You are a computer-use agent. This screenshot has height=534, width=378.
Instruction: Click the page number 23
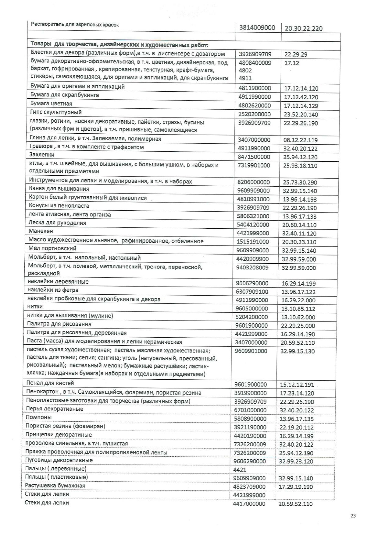pyautogui.click(x=353, y=515)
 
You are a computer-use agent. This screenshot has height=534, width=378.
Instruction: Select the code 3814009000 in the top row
pyautogui.click(x=257, y=28)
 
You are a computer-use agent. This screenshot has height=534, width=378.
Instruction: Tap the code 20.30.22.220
pyautogui.click(x=303, y=29)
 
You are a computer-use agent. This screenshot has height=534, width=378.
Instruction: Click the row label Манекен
pyautogui.click(x=41, y=231)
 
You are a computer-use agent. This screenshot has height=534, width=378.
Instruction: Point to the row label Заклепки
pyautogui.click(x=42, y=155)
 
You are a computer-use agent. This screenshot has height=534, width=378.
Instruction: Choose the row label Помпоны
pyautogui.click(x=39, y=417)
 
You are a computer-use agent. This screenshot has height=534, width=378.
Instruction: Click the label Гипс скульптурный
pyautogui.click(x=56, y=112)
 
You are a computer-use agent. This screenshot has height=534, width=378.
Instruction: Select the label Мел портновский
pyautogui.click(x=52, y=248)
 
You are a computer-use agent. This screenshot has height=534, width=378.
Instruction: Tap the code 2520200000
pyautogui.click(x=254, y=114)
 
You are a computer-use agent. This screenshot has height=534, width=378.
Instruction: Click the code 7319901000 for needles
pyautogui.click(x=253, y=165)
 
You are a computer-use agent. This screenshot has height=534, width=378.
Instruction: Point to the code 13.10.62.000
pyautogui.click(x=298, y=317)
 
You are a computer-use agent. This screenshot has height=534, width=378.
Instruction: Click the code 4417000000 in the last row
pyautogui.click(x=249, y=504)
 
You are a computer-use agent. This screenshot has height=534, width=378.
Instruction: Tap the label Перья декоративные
pyautogui.click(x=54, y=409)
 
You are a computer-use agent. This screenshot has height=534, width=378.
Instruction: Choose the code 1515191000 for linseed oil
pyautogui.click(x=253, y=242)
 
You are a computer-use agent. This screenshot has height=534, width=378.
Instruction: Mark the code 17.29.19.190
pyautogui.click(x=296, y=487)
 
